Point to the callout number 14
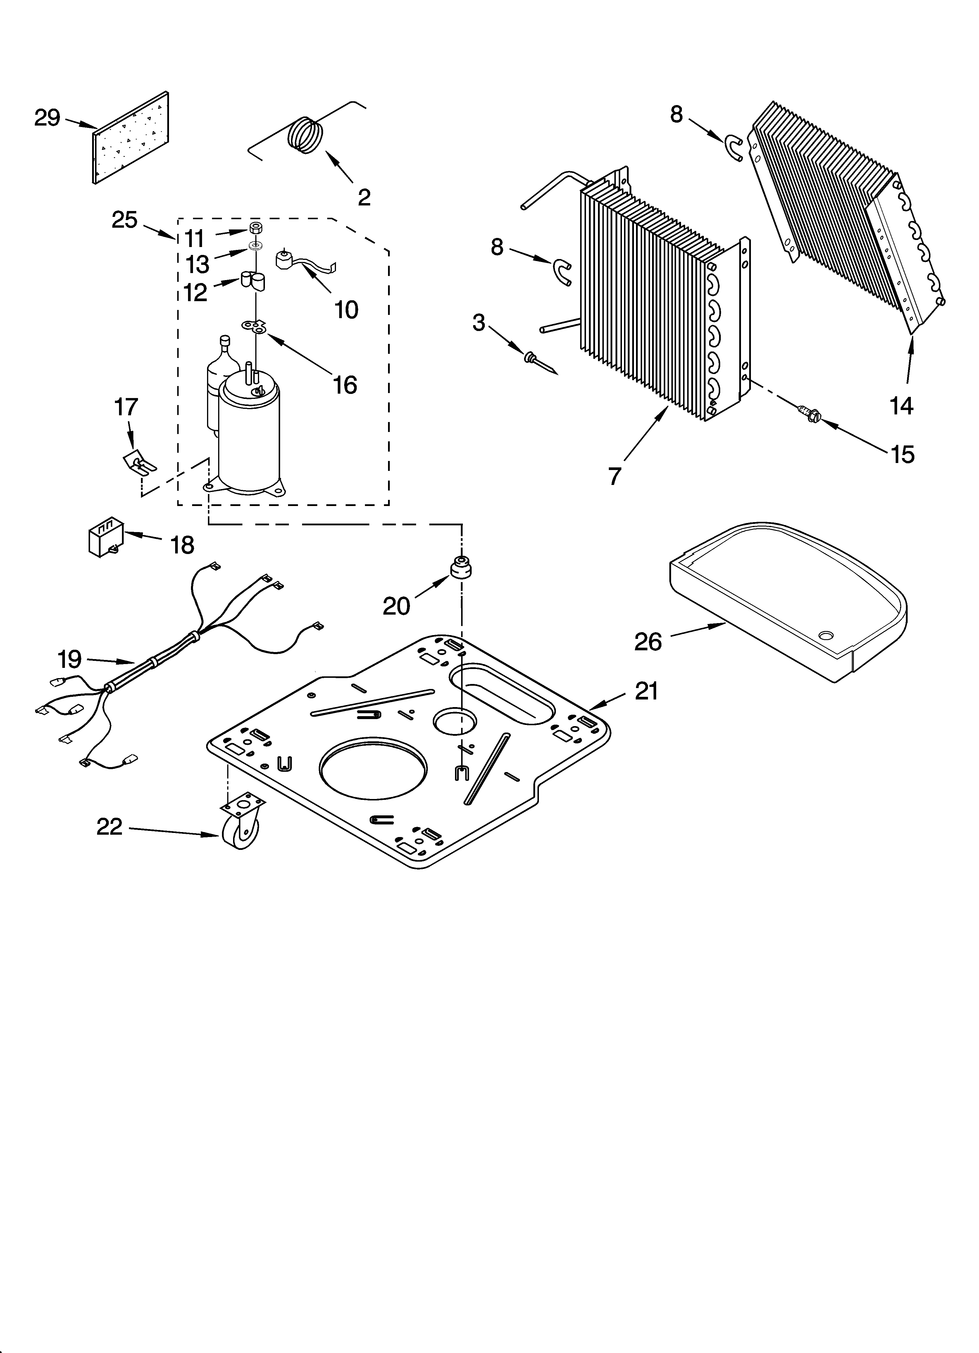click(x=902, y=406)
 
